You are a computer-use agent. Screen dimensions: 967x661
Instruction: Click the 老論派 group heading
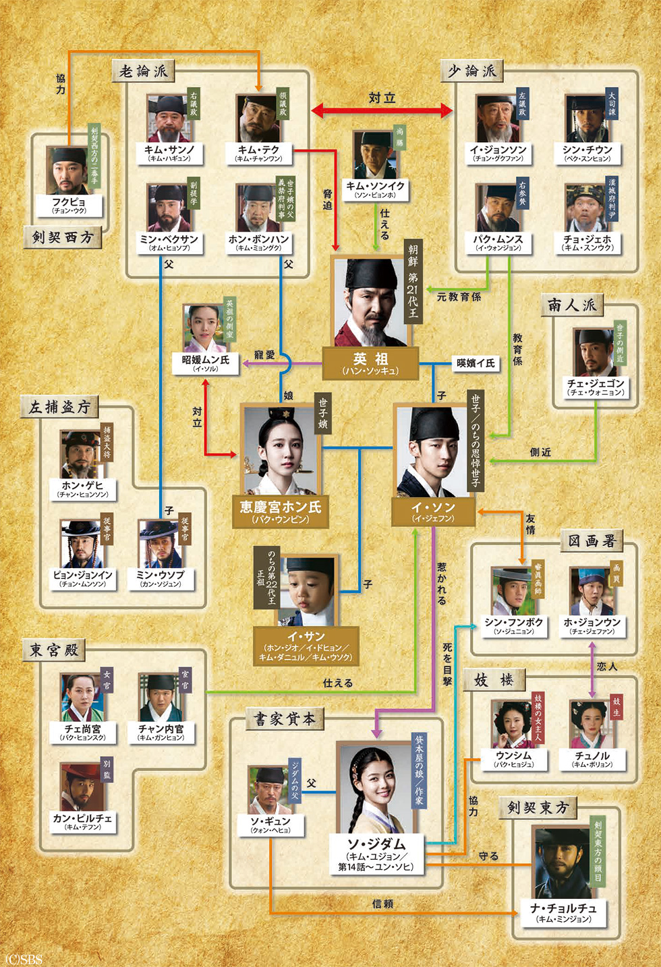[143, 71]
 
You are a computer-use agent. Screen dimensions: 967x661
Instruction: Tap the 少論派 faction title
[471, 71]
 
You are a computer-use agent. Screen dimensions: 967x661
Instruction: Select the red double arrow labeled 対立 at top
[382, 109]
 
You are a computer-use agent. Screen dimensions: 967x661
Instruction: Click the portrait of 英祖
[370, 302]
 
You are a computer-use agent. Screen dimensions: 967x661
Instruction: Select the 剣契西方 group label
[62, 237]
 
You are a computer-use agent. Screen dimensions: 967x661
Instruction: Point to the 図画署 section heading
[592, 540]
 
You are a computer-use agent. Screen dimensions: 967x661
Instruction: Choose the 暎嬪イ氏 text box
[476, 363]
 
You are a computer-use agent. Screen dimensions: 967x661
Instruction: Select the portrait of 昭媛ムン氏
[205, 329]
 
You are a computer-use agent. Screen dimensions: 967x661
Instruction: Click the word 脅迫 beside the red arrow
[327, 200]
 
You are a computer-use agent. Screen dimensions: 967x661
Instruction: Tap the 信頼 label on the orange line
[382, 904]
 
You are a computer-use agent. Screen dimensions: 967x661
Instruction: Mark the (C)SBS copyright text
[23, 959]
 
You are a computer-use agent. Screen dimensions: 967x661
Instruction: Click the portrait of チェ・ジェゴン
[594, 352]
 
